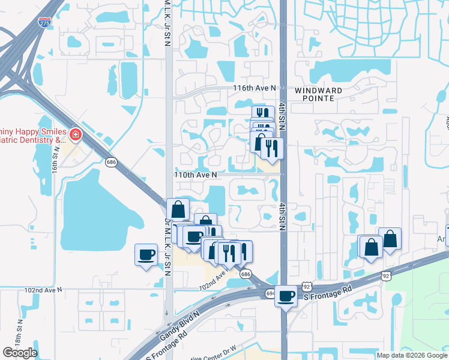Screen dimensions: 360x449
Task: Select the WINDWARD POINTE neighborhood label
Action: [x=318, y=94]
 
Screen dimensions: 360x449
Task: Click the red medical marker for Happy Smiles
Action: [x=76, y=134]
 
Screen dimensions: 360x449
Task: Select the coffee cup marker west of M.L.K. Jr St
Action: [x=146, y=254]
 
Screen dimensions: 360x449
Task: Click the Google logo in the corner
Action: [x=20, y=353]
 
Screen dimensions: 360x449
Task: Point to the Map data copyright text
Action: [x=412, y=355]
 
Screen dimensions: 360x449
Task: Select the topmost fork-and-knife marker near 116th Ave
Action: [x=262, y=115]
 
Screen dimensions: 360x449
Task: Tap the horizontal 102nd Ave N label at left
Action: [x=43, y=289]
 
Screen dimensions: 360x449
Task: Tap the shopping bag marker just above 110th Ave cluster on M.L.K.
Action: [x=178, y=209]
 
